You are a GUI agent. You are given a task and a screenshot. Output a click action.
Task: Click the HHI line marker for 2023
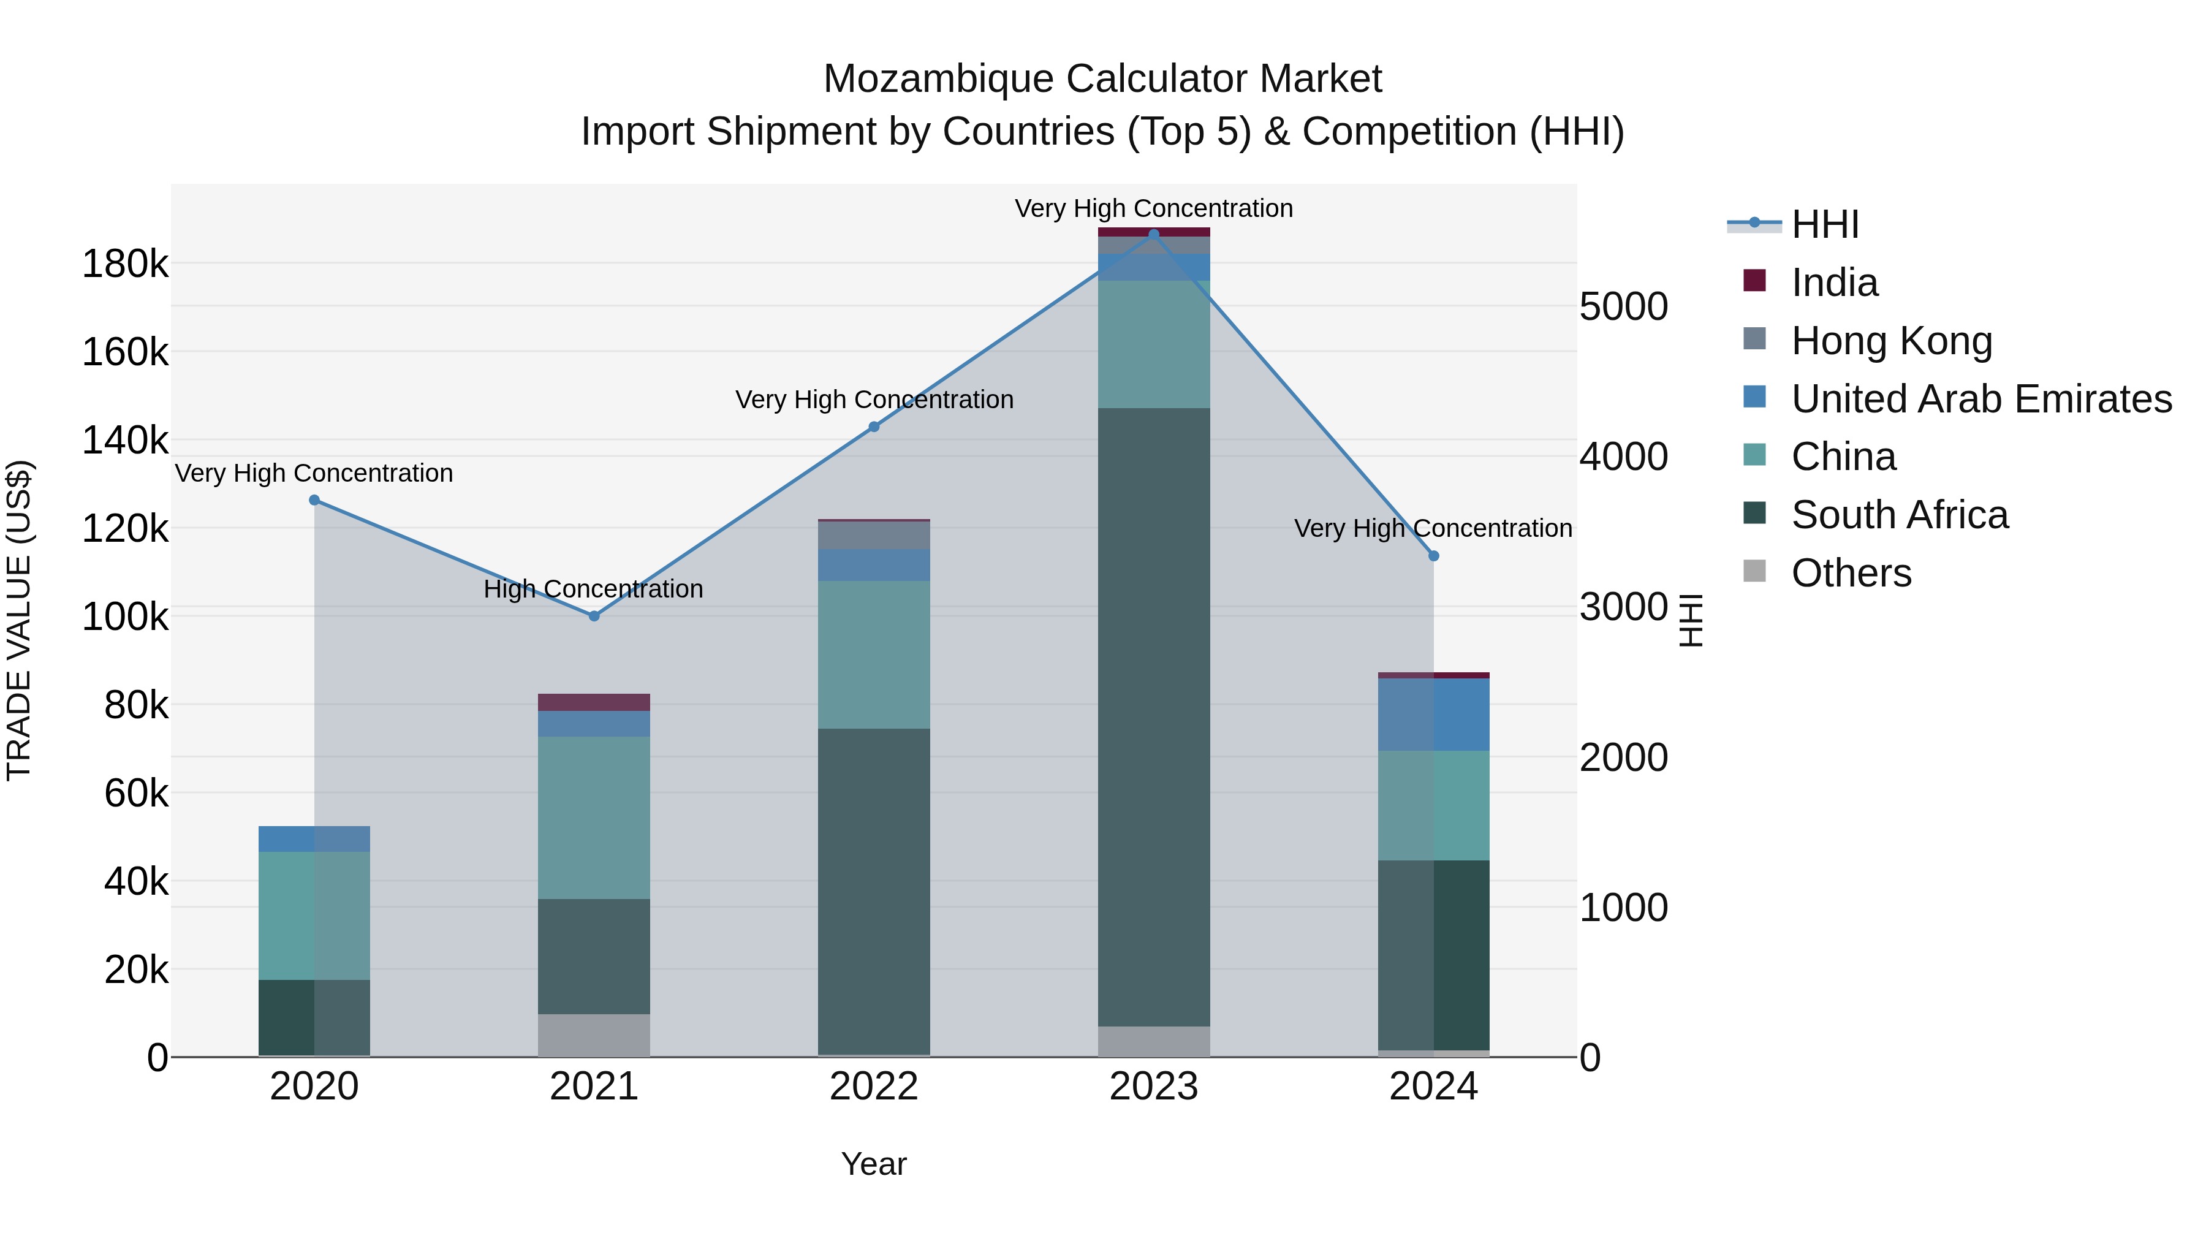click(1153, 235)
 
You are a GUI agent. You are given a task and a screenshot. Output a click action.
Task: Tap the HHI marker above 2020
click(314, 500)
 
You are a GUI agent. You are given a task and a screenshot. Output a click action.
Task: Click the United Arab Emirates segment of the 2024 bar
click(1433, 715)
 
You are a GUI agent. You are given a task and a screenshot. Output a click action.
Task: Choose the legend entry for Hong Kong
click(1891, 340)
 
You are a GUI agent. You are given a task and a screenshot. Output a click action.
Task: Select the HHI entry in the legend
click(1824, 224)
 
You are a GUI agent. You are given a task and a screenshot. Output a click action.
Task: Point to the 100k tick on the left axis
click(125, 617)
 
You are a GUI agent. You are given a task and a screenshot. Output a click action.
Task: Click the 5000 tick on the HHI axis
click(1623, 306)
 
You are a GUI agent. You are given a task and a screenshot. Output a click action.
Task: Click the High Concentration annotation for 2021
click(593, 589)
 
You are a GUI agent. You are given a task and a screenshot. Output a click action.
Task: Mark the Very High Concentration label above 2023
click(1153, 208)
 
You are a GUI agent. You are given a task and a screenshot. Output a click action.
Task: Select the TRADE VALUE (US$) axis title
click(19, 620)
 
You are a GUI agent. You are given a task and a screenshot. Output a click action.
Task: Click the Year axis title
click(873, 1164)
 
